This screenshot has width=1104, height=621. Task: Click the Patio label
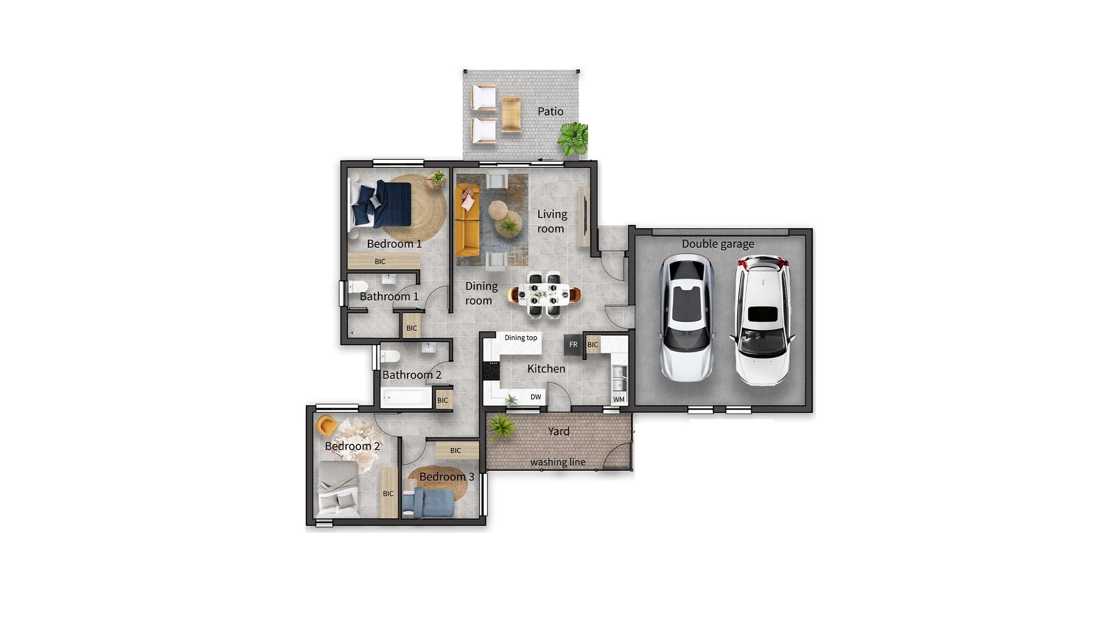[x=550, y=111]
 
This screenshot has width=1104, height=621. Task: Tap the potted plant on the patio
[x=573, y=139]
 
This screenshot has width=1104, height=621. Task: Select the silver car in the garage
[x=687, y=319]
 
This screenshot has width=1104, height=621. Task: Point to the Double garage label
[x=718, y=244]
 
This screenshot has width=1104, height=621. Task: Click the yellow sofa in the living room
[x=467, y=220]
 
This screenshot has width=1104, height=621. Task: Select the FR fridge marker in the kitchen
[x=573, y=344]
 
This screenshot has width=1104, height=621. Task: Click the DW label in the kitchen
[x=535, y=397]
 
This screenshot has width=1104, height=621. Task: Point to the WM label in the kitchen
[x=619, y=399]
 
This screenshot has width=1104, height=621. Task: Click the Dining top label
[x=521, y=338]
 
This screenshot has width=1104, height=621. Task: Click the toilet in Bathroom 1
[x=358, y=286]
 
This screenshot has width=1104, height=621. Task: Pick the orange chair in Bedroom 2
[x=327, y=425]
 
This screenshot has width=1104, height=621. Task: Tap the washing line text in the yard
[x=558, y=462]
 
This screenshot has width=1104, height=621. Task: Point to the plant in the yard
[x=501, y=427]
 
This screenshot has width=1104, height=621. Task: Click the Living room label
[x=551, y=221]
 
